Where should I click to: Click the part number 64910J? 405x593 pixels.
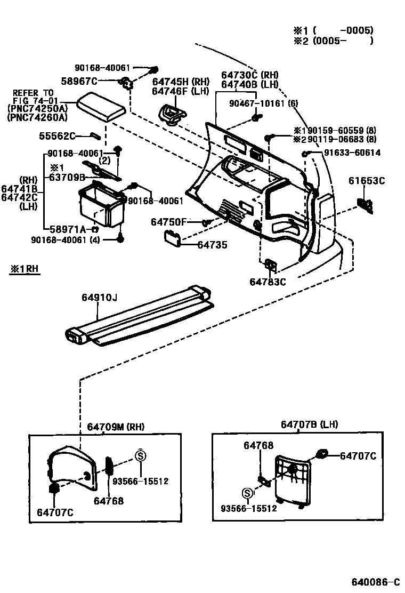[99, 298]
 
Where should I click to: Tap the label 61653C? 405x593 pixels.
[366, 181]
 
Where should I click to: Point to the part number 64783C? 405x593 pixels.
[268, 282]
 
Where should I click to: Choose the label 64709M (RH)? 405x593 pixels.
[115, 427]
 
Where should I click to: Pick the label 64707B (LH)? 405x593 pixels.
[309, 424]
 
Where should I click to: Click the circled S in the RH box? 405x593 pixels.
[141, 456]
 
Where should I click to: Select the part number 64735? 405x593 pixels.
[212, 245]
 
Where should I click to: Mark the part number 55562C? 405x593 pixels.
[57, 136]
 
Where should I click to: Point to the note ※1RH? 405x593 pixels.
[24, 269]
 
